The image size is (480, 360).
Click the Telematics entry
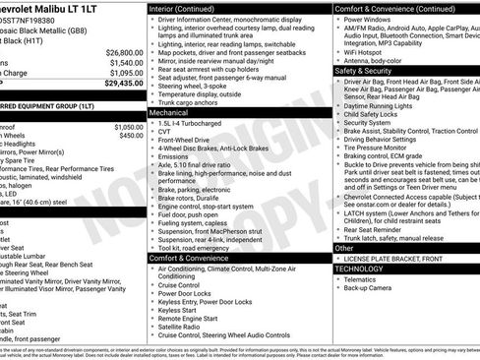(363, 278)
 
